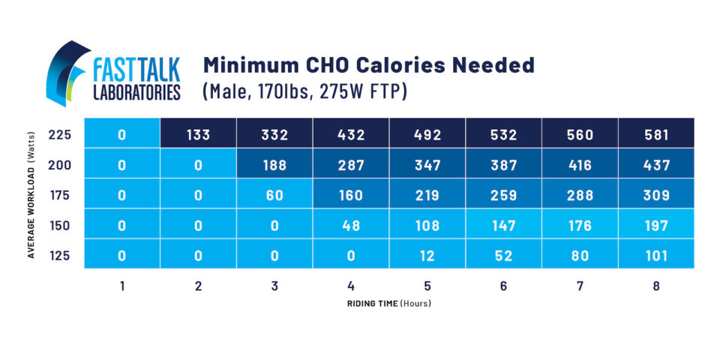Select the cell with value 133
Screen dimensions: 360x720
tap(198, 134)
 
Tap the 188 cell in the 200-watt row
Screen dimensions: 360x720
tap(274, 164)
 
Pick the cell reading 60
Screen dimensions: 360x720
tap(274, 195)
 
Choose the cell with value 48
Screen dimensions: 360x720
tap(350, 225)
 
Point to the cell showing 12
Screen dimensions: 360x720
tap(427, 256)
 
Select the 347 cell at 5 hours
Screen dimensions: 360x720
tap(427, 164)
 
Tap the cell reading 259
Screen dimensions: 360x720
tap(503, 195)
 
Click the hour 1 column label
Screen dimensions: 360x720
tap(121, 286)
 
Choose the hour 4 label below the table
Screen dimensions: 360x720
tap(350, 286)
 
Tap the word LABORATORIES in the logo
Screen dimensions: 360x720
tap(136, 92)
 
